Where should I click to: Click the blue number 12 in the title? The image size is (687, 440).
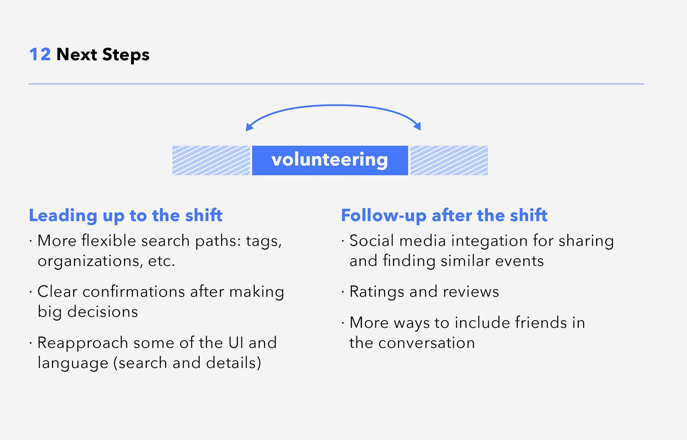[x=40, y=55]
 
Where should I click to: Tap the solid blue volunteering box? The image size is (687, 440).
[x=330, y=160]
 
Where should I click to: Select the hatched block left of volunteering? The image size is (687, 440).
[x=211, y=160]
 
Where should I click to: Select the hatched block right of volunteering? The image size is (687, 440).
[x=449, y=160]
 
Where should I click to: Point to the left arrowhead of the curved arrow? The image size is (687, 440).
[x=249, y=127]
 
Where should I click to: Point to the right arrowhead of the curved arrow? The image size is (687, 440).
[x=418, y=126]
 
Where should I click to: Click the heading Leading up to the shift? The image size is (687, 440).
[x=125, y=215]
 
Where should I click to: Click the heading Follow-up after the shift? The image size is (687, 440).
[x=444, y=215]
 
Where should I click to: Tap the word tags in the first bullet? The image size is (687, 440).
[x=264, y=241]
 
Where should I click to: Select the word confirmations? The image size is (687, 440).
[x=134, y=291]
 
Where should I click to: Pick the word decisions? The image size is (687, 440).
[x=103, y=312]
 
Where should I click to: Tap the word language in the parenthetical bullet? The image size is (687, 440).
[x=73, y=364]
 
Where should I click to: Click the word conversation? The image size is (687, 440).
[x=427, y=343]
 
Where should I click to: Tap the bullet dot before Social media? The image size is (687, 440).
[x=343, y=241]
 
